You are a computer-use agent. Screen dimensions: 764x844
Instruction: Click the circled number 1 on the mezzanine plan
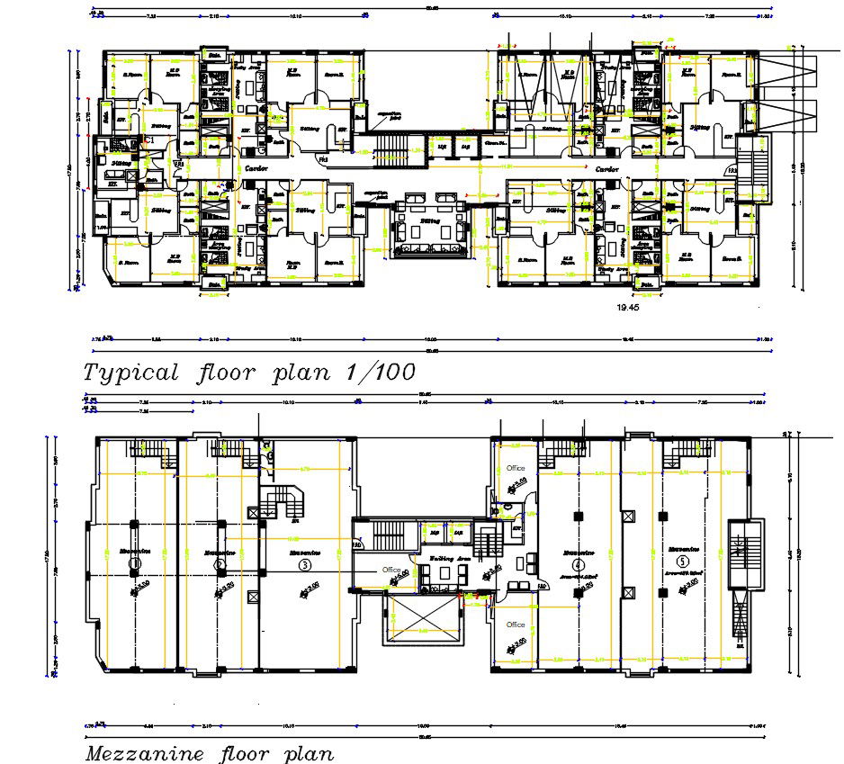click(134, 564)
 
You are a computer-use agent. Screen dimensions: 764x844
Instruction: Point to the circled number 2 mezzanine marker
click(220, 564)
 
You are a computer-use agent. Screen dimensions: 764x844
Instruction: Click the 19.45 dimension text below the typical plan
click(627, 307)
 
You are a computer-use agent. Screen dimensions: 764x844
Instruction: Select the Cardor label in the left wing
click(251, 168)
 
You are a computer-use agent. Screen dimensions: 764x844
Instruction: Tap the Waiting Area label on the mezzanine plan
click(449, 559)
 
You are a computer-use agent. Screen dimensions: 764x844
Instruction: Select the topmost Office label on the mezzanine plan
click(516, 469)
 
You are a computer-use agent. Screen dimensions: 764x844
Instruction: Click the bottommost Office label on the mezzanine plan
click(516, 624)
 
